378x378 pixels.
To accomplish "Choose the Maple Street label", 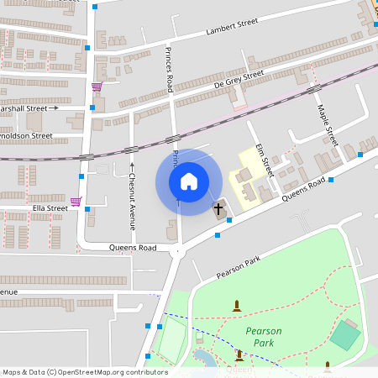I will [x=325, y=124].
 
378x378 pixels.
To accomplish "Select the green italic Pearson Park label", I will [x=264, y=337].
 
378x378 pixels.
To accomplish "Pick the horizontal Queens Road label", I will [x=133, y=249].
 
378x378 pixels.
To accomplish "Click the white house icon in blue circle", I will [x=189, y=181].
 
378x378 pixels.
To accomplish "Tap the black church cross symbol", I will [x=219, y=207].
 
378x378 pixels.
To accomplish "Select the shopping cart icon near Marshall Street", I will [x=97, y=87].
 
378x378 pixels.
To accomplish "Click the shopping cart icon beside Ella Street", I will [x=76, y=202].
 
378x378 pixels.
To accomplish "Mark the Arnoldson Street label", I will [x=27, y=135].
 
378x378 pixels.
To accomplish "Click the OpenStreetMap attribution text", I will [x=85, y=372].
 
